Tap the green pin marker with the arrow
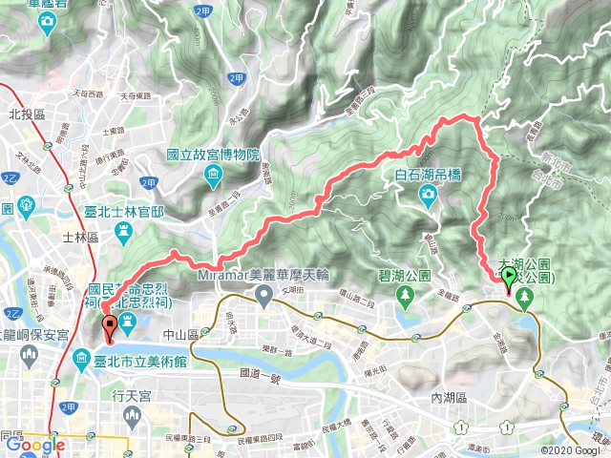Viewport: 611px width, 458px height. [x=509, y=279]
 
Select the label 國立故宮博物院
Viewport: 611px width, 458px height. [x=214, y=154]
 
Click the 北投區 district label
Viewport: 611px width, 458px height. [x=28, y=113]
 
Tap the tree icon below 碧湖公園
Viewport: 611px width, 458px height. [x=405, y=296]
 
